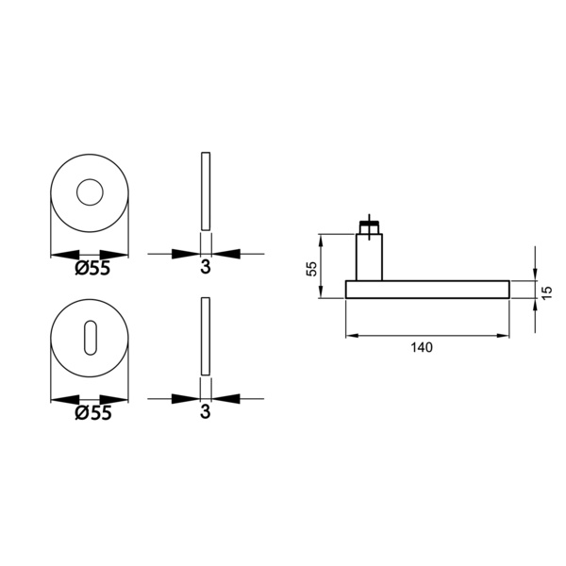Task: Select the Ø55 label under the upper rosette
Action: tap(92, 269)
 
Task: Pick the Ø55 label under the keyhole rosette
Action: tap(93, 413)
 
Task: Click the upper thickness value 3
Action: tap(206, 267)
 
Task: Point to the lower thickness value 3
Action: tap(206, 412)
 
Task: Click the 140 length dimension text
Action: tap(422, 347)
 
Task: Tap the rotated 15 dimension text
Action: tap(547, 292)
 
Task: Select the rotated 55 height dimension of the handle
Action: tap(311, 268)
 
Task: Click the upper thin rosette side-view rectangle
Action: tap(206, 191)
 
